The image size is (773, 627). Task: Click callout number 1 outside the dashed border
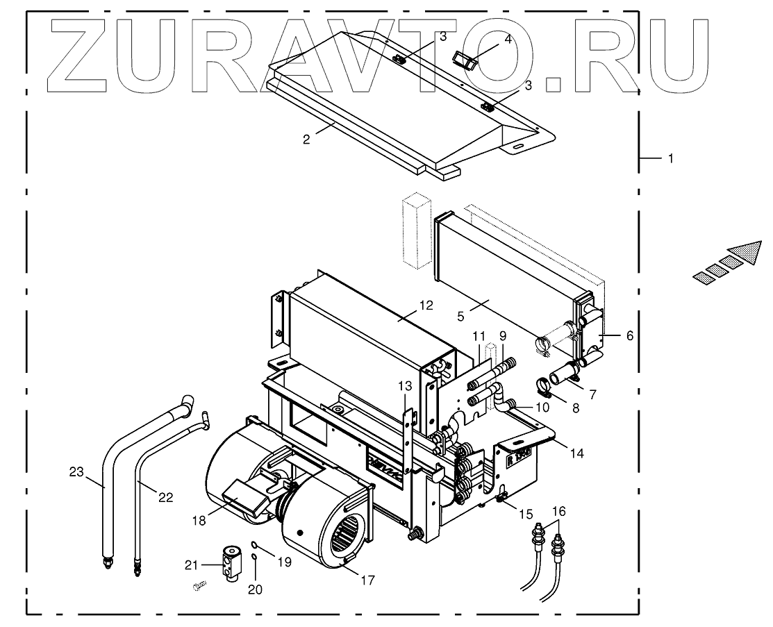click(670, 159)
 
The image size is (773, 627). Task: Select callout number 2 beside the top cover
click(306, 139)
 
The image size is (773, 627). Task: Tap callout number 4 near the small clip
click(507, 39)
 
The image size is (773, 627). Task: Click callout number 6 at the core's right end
click(629, 335)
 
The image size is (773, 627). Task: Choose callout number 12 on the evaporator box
click(425, 305)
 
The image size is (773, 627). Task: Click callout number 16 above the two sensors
click(559, 512)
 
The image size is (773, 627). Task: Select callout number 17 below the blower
click(367, 580)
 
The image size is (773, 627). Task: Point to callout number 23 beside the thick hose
click(76, 472)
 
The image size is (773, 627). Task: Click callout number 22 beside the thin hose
click(165, 497)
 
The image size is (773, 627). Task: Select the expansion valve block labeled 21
click(231, 560)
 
